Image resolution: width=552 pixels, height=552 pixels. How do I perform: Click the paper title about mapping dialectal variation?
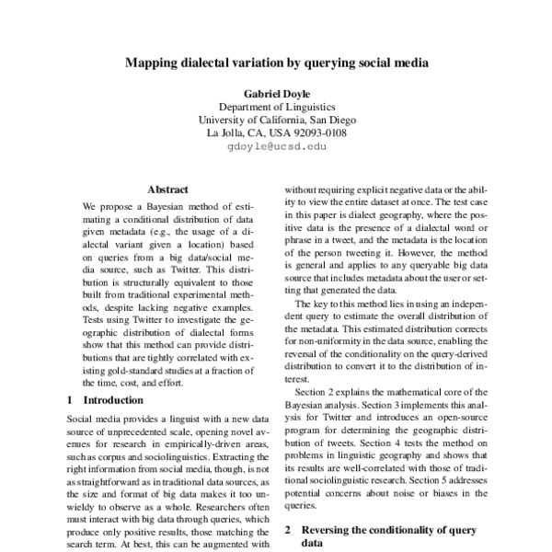click(x=275, y=65)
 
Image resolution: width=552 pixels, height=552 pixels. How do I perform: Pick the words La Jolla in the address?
click(x=226, y=133)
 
